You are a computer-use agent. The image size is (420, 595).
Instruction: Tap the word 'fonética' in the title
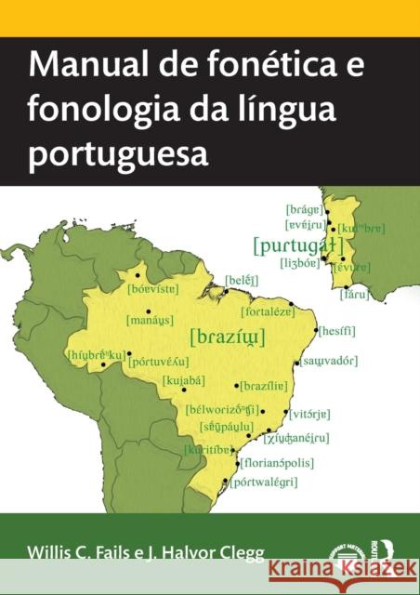coord(247,68)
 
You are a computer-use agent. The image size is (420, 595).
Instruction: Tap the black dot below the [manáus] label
coord(148,311)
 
